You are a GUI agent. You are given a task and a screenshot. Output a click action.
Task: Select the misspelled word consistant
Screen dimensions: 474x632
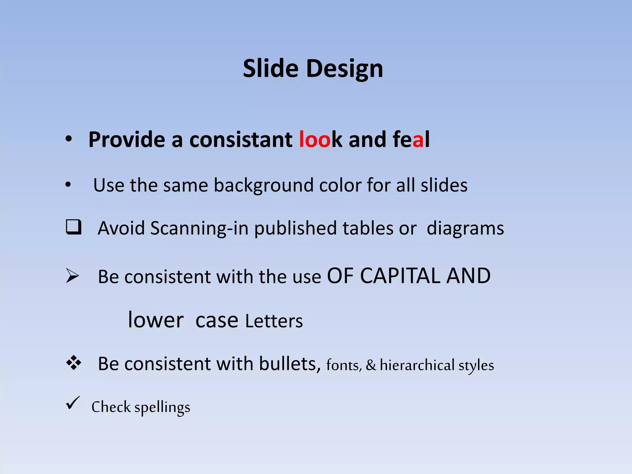point(241,139)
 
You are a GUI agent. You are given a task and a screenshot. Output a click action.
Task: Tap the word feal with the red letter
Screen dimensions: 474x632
point(411,139)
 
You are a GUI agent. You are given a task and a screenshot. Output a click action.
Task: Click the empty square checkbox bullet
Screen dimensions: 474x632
point(73,227)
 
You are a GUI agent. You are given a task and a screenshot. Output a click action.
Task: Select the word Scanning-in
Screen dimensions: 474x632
point(199,228)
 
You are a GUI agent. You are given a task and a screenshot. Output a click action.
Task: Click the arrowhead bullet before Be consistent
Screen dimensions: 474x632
point(73,276)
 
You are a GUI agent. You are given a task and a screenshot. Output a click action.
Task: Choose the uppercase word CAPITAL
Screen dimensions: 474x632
point(400,276)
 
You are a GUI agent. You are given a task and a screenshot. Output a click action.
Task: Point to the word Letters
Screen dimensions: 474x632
point(274,321)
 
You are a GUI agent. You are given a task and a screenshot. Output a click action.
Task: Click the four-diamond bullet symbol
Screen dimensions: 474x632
point(73,363)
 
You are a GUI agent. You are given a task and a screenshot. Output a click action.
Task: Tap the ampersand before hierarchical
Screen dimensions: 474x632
point(371,365)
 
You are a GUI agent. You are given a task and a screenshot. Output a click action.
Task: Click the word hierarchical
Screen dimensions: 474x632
point(417,365)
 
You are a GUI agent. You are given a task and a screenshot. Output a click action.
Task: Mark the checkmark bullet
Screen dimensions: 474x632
point(73,403)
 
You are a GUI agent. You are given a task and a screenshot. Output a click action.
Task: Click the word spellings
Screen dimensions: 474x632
point(162,408)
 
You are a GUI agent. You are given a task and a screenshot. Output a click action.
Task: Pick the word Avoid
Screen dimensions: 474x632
point(121,228)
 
